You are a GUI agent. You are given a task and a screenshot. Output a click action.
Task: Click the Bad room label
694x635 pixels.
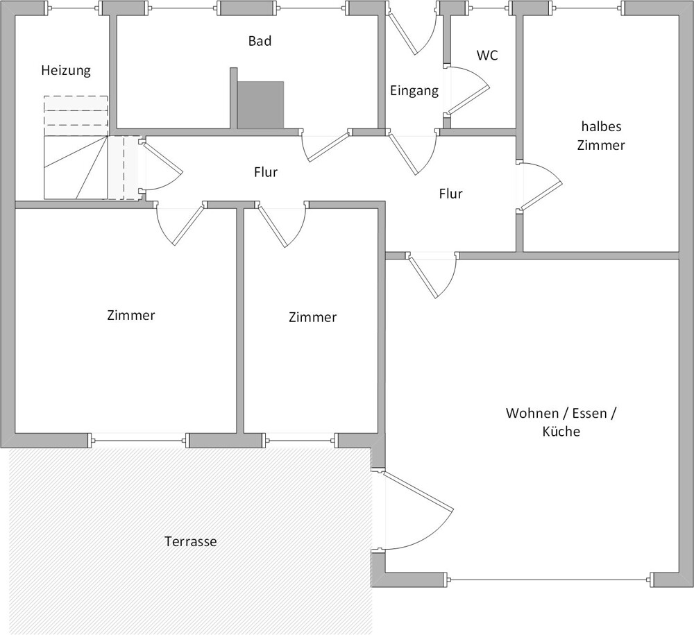260,41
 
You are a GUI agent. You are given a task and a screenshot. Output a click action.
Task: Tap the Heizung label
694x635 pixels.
66,70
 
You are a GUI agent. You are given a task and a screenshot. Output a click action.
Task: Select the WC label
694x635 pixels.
487,56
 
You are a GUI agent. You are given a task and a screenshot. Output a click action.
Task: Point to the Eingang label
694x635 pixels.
414,90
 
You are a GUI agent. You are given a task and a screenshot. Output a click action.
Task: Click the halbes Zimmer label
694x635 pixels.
603,136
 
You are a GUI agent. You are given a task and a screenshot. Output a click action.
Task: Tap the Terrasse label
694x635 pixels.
191,541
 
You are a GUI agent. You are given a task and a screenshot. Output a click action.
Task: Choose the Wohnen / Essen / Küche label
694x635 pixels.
561,422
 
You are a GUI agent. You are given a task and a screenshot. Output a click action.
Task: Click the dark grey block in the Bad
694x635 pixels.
260,105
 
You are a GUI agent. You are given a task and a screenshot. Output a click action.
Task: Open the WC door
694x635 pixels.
466,90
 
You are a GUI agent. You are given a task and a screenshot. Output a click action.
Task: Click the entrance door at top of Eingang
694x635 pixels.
411,31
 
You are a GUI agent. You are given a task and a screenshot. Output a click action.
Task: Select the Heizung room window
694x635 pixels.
72,9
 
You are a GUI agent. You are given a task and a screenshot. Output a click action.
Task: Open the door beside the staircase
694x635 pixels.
161,170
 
